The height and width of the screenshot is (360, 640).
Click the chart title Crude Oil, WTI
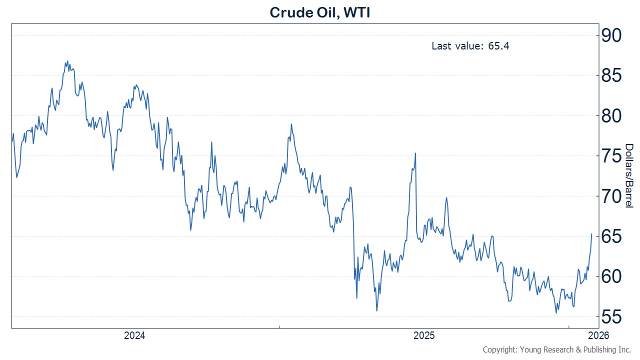coord(319,12)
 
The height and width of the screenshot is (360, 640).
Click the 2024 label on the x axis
coord(134,335)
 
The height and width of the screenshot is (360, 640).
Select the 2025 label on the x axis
coord(424,335)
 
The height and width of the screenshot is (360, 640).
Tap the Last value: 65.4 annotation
coord(470,46)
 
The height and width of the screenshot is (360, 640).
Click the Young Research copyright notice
coord(557,349)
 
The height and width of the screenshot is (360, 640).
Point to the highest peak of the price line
coord(67,61)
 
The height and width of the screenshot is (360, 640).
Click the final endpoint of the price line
coord(592,233)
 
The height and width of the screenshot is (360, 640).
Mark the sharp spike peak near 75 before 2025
coord(415,153)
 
